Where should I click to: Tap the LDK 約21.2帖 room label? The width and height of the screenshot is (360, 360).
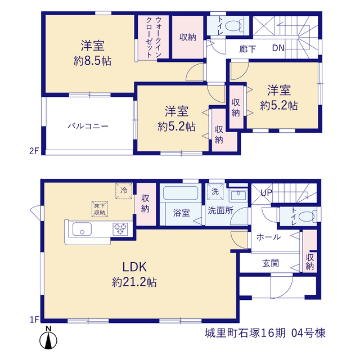tap(134, 274)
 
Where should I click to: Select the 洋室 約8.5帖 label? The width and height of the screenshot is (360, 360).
tap(92, 53)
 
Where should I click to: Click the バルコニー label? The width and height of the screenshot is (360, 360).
tap(88, 126)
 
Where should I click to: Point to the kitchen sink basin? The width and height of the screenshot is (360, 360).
tap(82, 229)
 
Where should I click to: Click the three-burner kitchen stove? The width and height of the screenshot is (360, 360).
tap(120, 229)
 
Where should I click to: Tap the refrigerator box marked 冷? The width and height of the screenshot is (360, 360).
tap(124, 191)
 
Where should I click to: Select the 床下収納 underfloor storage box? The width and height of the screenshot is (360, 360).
tap(100, 209)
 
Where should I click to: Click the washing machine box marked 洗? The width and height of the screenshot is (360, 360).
tap(215, 191)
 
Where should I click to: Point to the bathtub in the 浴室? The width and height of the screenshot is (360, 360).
tap(181, 193)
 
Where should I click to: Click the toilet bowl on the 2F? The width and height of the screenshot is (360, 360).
tap(234, 25)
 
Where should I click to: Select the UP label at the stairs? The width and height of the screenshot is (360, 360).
tap(266, 193)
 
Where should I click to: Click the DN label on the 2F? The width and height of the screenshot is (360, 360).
tap(278, 48)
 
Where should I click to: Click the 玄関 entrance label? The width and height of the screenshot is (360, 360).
tap(271, 263)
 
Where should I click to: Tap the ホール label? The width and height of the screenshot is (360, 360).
tap(269, 237)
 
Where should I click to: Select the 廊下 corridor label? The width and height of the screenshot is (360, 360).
tap(247, 49)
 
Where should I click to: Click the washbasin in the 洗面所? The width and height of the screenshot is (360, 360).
tap(238, 195)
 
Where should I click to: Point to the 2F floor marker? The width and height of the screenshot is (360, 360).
tap(34, 151)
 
